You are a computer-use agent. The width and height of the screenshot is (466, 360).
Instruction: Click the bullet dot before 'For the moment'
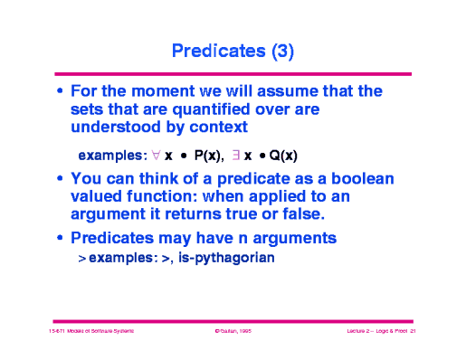(60, 92)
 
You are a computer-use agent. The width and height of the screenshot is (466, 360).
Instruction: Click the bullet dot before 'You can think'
(60, 180)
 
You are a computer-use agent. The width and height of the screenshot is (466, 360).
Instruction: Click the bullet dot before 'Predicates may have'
(60, 239)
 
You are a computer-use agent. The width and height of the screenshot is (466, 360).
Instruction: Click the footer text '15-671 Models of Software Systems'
(91, 333)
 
